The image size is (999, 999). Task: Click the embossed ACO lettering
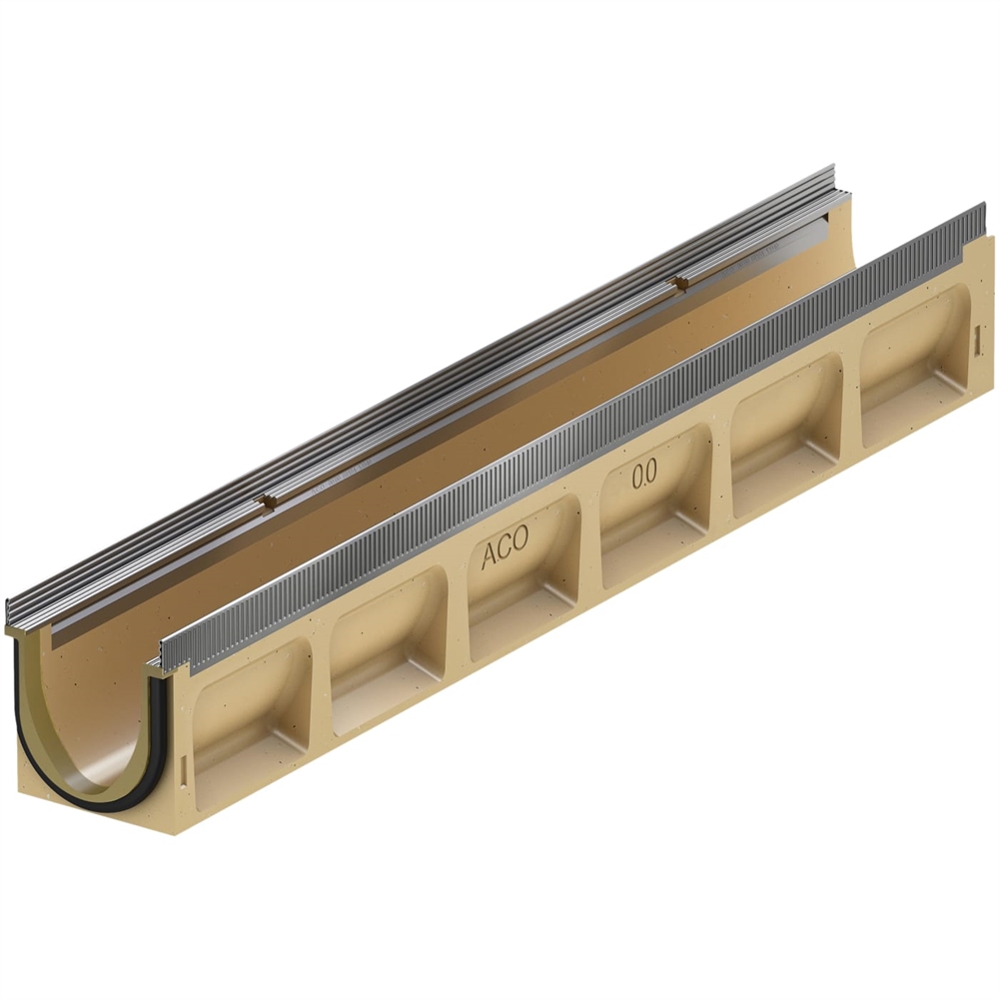pos(505,553)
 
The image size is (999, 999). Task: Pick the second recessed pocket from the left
pos(387,648)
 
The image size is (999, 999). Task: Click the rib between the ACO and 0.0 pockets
pos(590,541)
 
